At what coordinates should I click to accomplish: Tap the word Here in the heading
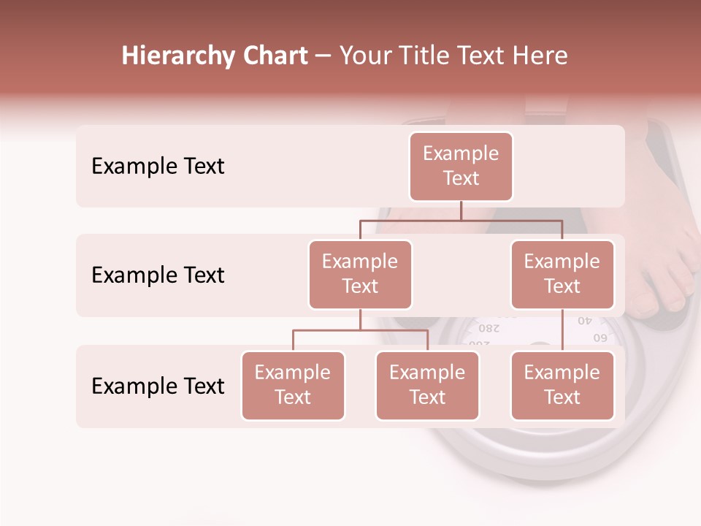coord(540,56)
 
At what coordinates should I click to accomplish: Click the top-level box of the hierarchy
coord(461,167)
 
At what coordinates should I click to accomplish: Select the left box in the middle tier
coord(360,275)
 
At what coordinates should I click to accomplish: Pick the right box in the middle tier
coord(562,275)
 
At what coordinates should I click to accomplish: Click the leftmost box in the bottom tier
coord(293,386)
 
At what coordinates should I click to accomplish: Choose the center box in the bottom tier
coord(427,386)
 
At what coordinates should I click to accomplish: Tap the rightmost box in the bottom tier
coord(562,386)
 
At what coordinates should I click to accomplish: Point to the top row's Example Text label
coord(158,167)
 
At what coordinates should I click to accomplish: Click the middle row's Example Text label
coord(158,275)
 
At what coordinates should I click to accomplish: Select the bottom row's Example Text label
coord(158,386)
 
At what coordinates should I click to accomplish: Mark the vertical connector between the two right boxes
coord(562,330)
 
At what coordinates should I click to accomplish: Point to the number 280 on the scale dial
coord(489,327)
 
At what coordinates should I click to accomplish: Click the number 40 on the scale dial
coord(586,321)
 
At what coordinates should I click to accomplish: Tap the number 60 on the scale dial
coord(600,338)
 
